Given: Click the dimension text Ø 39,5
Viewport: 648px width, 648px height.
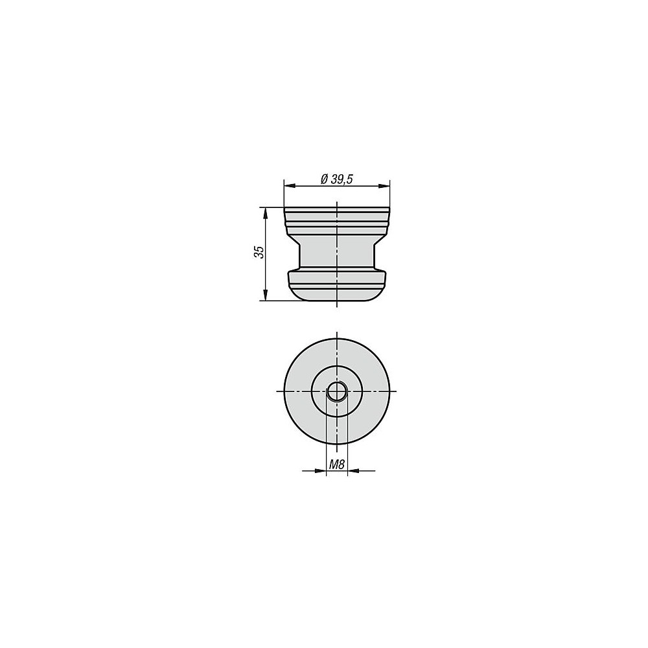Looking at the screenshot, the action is (336, 179).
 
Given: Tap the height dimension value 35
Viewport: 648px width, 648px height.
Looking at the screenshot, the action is (259, 251).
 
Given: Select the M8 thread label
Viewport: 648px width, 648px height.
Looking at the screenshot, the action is (337, 465).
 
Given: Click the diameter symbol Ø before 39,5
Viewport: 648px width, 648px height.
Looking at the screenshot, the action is (325, 179).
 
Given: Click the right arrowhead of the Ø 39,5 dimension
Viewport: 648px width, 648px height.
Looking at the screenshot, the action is (384, 186).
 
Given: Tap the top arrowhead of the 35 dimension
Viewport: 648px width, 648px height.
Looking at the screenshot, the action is (265, 213).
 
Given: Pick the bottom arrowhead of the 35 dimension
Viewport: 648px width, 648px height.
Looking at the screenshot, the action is (265, 295).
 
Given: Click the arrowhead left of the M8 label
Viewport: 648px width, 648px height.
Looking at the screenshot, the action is (321, 470).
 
